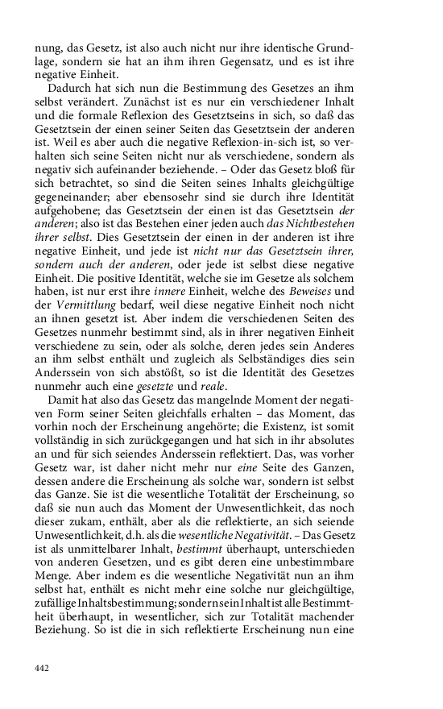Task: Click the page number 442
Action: [x=42, y=668]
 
